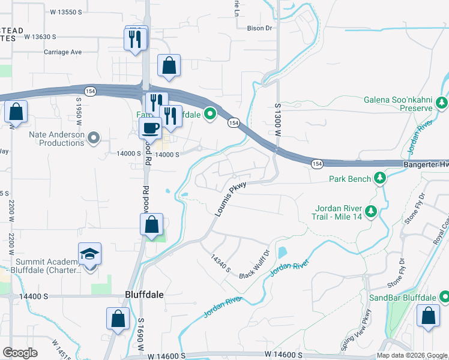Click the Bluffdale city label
point(144,295)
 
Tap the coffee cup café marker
point(149,128)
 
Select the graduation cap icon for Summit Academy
point(89,254)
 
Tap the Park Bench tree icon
point(379,178)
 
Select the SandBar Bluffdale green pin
point(444,297)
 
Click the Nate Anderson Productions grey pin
point(93,139)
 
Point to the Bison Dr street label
point(260,28)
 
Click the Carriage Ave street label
point(62,52)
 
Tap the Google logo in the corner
point(20,352)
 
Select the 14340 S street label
point(221,262)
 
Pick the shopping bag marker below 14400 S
point(118,319)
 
